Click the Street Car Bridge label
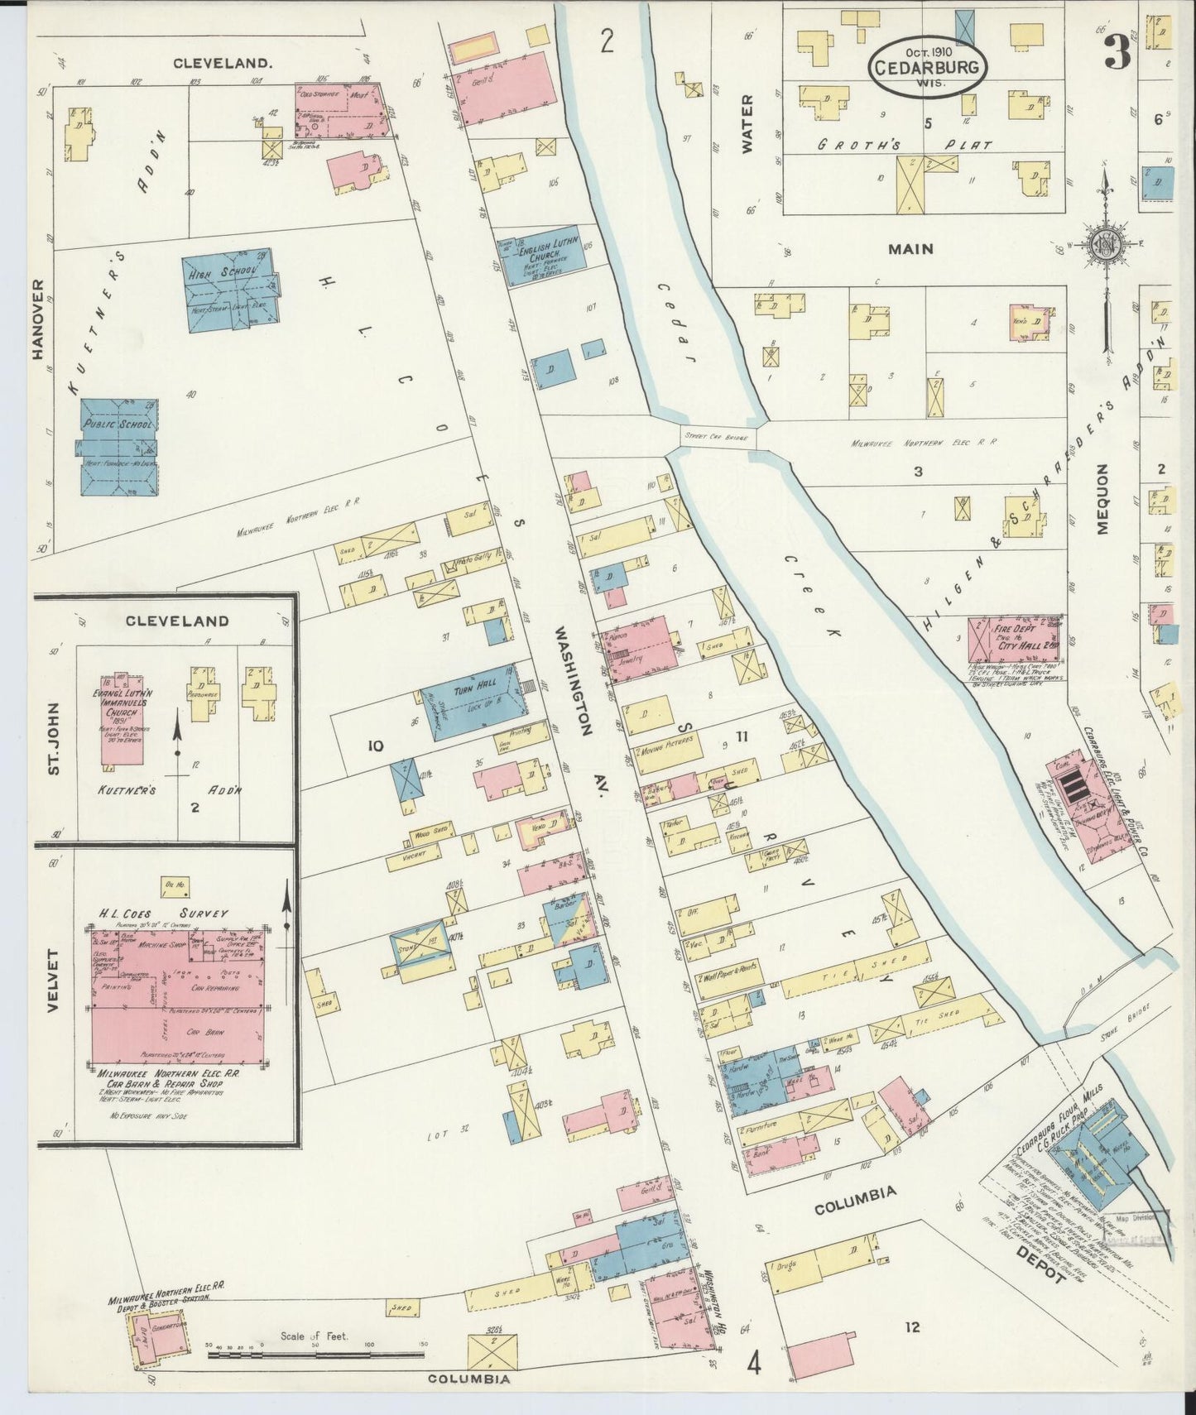click(717, 437)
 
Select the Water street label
click(747, 124)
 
